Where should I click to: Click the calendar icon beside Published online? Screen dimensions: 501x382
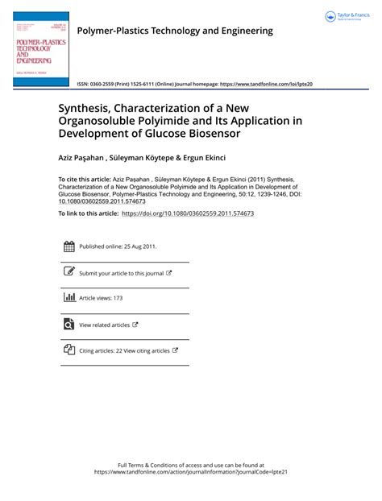coord(69,246)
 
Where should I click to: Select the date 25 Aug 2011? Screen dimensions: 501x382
coord(136,246)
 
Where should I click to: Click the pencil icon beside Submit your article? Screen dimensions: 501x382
coord(69,272)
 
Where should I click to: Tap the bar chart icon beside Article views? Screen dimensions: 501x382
coord(69,298)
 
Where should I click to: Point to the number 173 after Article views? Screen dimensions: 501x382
coord(118,298)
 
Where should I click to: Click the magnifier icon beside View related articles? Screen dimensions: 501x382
coord(69,325)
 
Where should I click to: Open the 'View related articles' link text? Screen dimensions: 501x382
coord(104,325)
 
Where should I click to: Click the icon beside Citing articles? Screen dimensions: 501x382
coord(69,350)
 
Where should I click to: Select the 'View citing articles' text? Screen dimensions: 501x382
coord(149,350)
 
